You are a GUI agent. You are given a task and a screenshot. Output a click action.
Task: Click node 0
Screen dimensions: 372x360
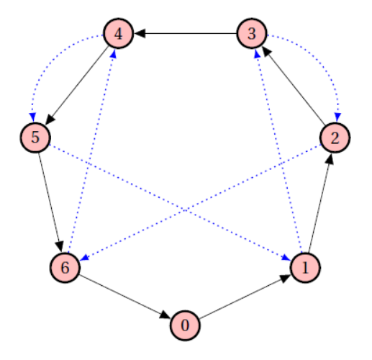(x=185, y=325)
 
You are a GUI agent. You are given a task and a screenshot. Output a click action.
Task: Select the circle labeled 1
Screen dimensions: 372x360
(x=305, y=268)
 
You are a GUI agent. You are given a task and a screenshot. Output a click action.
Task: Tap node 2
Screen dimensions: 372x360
(x=335, y=138)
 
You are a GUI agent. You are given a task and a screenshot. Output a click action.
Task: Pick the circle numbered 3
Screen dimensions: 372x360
(x=252, y=33)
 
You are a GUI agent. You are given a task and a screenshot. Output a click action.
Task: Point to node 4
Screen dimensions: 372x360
(x=118, y=33)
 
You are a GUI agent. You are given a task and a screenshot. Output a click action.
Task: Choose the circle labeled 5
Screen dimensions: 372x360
(x=35, y=138)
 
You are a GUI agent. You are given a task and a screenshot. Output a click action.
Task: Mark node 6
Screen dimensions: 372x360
(x=65, y=268)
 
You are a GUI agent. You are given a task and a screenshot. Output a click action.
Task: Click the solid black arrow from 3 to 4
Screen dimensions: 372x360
(x=186, y=33)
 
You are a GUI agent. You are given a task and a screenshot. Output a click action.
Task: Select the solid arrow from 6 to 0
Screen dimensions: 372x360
(x=124, y=297)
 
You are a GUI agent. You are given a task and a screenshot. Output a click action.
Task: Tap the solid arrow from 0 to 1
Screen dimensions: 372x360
(x=245, y=297)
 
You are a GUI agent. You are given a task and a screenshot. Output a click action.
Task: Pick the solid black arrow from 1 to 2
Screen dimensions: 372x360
(x=320, y=203)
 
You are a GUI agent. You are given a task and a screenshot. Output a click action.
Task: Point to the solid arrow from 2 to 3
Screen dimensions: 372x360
(x=294, y=86)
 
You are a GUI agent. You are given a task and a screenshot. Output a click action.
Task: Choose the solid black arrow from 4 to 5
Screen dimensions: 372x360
(x=77, y=86)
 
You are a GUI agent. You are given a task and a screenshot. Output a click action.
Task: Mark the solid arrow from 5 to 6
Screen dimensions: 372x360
(x=50, y=202)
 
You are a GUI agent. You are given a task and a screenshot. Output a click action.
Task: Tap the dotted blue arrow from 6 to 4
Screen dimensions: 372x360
(x=91, y=150)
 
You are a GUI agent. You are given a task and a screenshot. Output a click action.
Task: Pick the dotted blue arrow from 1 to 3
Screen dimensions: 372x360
(x=278, y=150)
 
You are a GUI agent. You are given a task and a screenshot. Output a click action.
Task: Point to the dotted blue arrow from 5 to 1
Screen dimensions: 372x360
(x=170, y=202)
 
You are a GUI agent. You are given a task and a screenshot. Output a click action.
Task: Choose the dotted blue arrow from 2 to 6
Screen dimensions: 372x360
(x=200, y=202)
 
